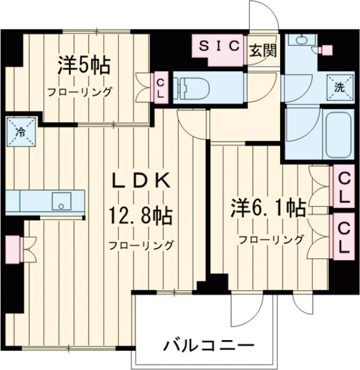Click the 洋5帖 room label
click(83, 65)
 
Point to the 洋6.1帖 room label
click(268, 208)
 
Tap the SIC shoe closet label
click(218, 46)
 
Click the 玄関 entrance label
click(263, 50)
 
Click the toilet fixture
click(195, 87)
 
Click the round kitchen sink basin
click(60, 201)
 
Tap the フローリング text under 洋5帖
click(80, 92)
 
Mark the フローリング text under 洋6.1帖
click(271, 240)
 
